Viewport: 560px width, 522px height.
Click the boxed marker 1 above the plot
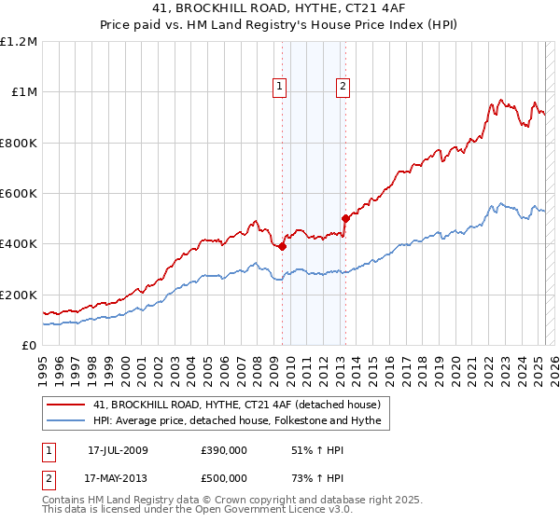click(279, 87)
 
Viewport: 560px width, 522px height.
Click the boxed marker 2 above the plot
click(343, 87)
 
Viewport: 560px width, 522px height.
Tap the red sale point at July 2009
click(282, 247)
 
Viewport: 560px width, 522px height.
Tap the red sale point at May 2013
click(345, 219)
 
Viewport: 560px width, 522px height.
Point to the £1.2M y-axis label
click(19, 42)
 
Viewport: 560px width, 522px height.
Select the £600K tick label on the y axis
click(19, 194)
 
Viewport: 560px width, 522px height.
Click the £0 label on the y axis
click(30, 346)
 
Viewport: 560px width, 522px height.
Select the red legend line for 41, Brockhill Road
click(67, 405)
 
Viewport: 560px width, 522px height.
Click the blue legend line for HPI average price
click(67, 421)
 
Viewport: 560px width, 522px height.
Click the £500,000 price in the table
click(223, 478)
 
